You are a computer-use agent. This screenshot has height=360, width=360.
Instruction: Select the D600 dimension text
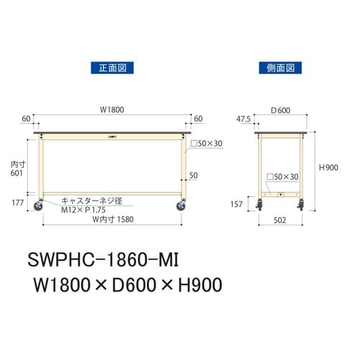point(281,110)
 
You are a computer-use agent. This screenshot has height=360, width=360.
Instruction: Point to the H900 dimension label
point(329,167)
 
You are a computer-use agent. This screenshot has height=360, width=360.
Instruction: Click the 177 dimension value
point(18,202)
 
